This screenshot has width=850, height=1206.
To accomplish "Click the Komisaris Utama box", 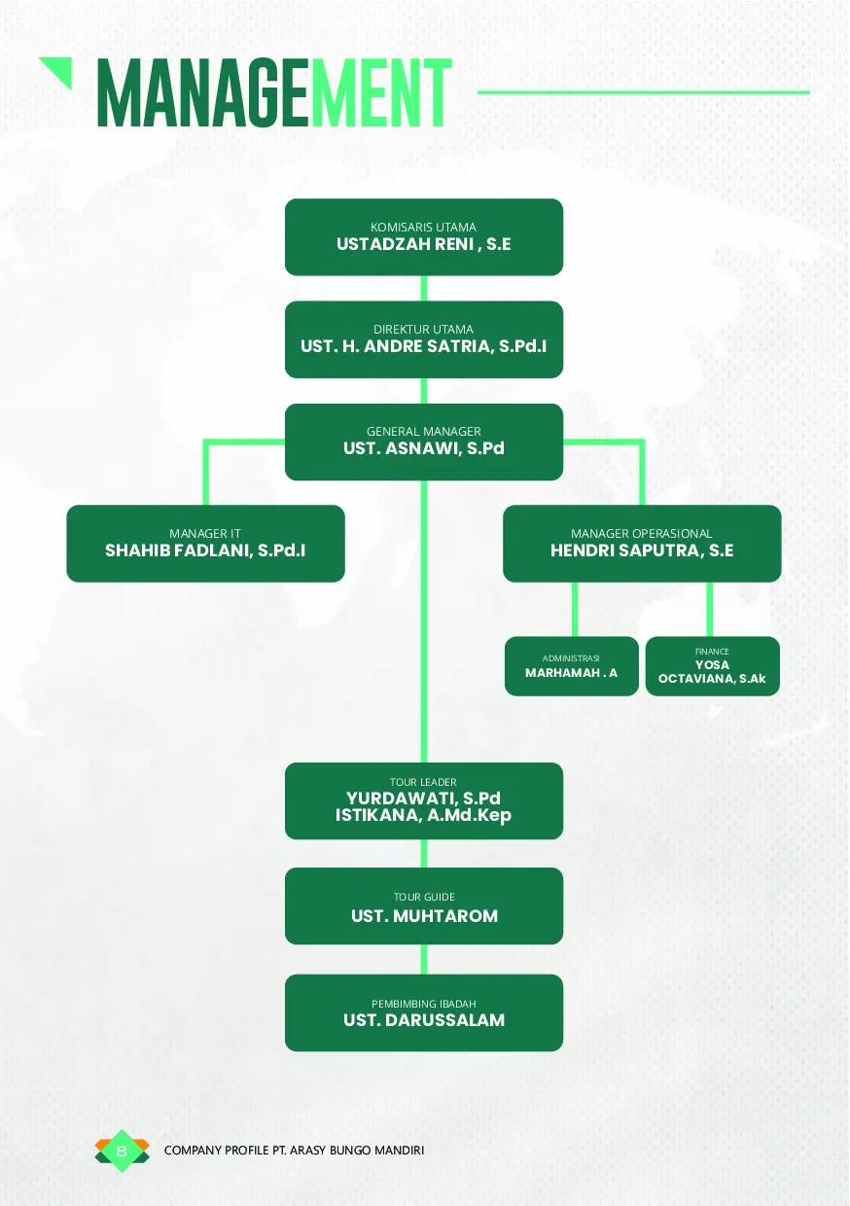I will point(423,236).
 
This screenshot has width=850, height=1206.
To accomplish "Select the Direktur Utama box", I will point(423,338).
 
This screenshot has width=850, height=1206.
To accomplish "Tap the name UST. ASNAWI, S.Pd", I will point(423,449).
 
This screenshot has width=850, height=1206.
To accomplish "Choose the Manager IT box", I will point(205,543).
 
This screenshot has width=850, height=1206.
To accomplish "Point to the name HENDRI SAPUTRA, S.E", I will point(642,550).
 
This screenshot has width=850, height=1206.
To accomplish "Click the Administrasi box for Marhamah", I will point(571,666).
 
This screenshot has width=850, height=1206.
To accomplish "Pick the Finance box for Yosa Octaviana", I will point(712,666).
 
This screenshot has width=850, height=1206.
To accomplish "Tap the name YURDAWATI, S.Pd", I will point(423,798).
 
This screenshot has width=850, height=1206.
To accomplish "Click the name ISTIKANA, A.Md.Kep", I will point(423,816).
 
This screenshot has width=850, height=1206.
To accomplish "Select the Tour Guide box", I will point(423,905).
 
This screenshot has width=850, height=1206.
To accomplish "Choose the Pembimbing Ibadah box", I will point(423,1011).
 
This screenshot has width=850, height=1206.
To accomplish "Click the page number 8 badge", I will point(122,1152).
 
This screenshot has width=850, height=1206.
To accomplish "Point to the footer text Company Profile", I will point(295,1151).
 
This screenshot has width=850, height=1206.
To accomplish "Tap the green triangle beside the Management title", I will point(59,70).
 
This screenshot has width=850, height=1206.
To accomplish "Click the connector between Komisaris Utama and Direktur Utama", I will point(424,288).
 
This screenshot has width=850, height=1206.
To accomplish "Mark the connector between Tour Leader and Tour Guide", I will point(424,853).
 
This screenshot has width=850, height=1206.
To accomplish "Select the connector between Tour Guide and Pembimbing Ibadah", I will point(424,959).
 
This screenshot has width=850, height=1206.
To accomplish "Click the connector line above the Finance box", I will point(710,609).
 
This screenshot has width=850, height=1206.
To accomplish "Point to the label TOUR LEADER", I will point(423,782).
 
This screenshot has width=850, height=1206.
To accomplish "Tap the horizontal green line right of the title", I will point(643,92).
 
